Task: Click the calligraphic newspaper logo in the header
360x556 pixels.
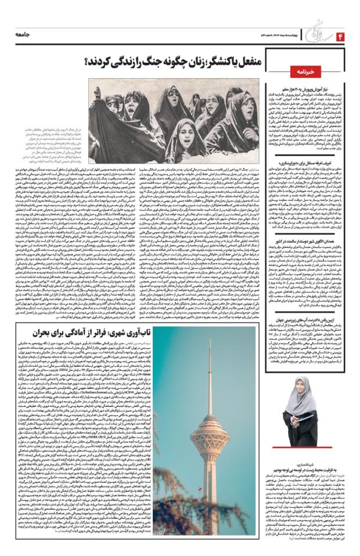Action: (312, 36)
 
